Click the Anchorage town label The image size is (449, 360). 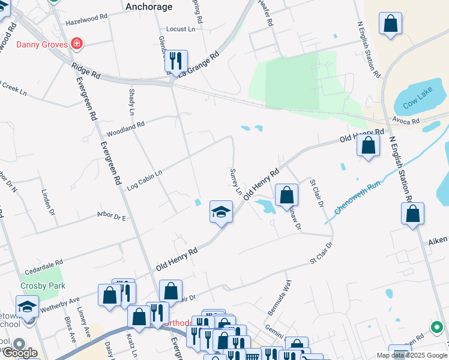pos(149,7)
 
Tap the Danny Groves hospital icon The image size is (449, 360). pos(76,44)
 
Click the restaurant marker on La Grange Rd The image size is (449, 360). pos(175,61)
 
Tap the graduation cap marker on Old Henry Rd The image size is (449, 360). pos(221,212)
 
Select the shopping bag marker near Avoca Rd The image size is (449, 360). pos(368,145)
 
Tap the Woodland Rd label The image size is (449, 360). pos(125,128)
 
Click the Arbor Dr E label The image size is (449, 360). pos(111,216)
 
